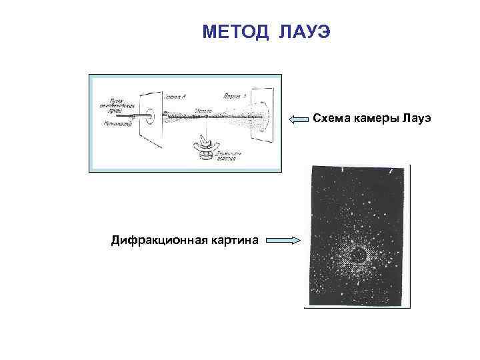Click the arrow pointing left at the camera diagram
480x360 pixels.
tap(299, 119)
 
